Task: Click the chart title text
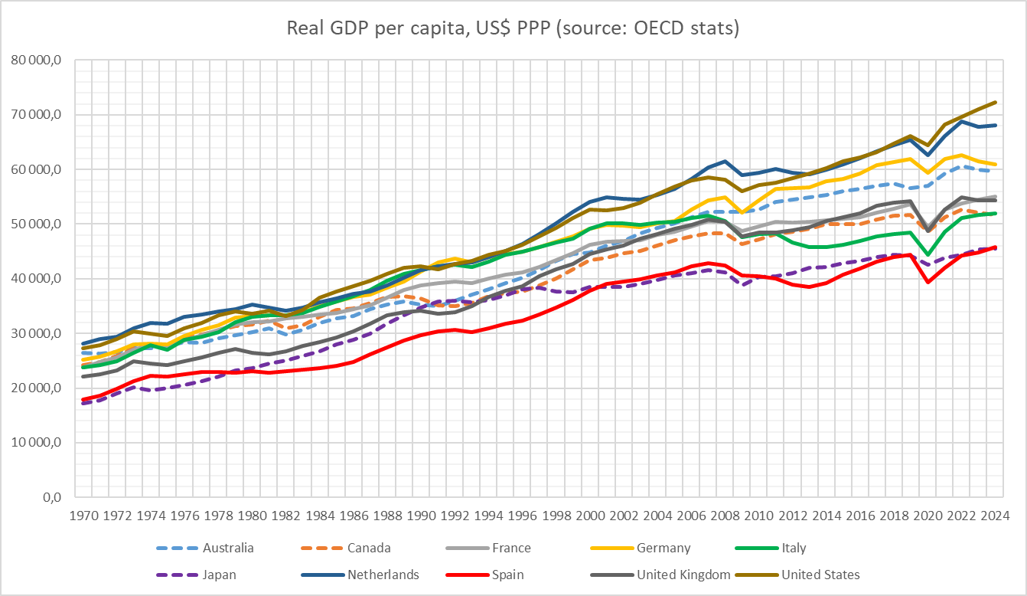click(x=513, y=29)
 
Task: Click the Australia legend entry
click(x=228, y=548)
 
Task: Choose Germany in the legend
click(x=663, y=548)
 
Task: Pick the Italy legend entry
click(x=793, y=548)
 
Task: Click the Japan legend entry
click(x=219, y=575)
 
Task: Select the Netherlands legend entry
click(x=383, y=575)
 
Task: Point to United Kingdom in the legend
click(x=680, y=575)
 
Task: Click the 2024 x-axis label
click(x=994, y=516)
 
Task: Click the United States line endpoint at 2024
click(x=994, y=103)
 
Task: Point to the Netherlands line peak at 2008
click(x=725, y=162)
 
